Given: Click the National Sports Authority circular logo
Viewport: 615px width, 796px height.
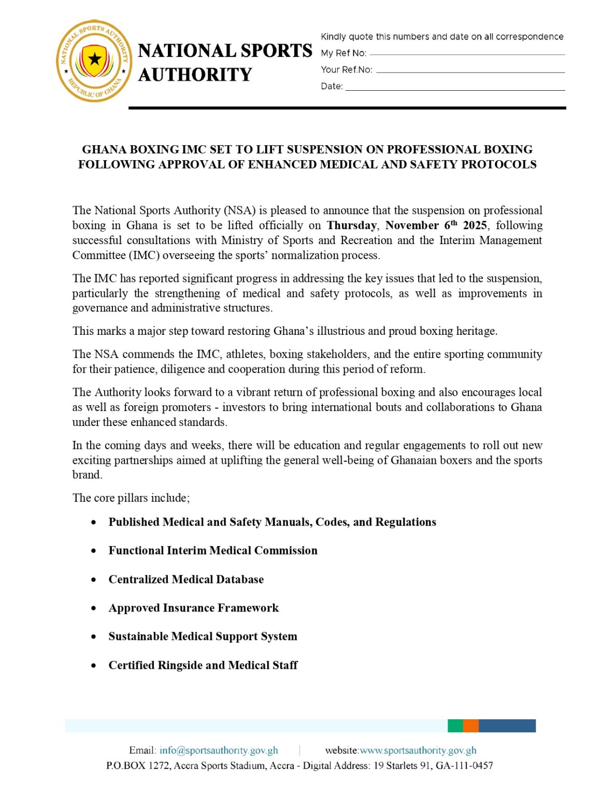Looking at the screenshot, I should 94,61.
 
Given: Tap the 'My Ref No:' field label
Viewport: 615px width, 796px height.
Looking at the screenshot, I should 344,53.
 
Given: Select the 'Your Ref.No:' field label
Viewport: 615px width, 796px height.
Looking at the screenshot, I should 346,69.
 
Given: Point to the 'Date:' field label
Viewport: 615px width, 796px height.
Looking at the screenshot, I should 332,86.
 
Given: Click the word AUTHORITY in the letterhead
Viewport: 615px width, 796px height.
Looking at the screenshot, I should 195,75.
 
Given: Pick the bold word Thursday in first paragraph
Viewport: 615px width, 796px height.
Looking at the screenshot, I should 351,225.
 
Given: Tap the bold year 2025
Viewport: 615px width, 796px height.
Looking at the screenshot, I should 475,225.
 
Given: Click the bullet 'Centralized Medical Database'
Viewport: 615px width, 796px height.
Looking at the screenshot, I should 186,579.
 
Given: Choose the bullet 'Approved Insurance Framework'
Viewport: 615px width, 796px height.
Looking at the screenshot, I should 193,608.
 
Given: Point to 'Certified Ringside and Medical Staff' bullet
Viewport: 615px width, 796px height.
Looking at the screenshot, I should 203,665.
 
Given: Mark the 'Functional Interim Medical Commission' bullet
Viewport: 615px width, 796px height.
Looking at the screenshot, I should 212,550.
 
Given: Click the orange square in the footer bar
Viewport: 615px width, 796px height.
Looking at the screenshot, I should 470,726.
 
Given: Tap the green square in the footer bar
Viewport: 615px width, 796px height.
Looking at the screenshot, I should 455,726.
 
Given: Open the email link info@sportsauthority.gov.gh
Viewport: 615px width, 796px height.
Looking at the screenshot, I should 219,750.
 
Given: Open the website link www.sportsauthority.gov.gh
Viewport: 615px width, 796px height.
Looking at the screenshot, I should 418,750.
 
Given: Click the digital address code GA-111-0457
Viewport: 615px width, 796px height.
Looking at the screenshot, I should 464,765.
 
